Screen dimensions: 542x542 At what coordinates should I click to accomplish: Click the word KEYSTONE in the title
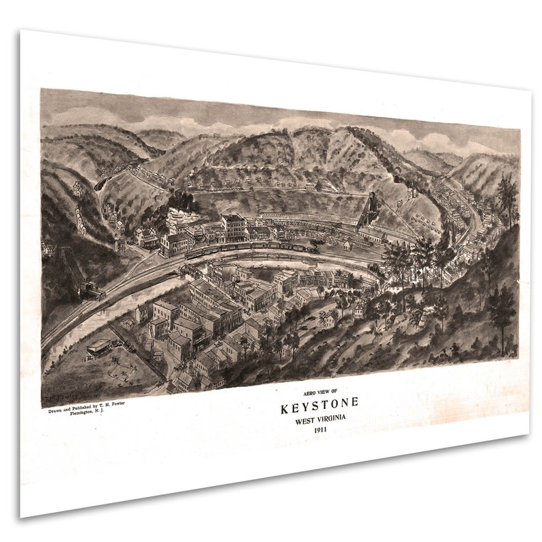[x=319, y=409]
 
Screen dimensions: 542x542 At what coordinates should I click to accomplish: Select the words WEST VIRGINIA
[x=319, y=421]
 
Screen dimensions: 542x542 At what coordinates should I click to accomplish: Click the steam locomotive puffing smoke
[x=313, y=246]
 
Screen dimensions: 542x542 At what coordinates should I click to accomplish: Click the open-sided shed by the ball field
[x=100, y=347]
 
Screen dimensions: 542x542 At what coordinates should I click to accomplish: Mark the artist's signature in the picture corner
[x=60, y=397]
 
